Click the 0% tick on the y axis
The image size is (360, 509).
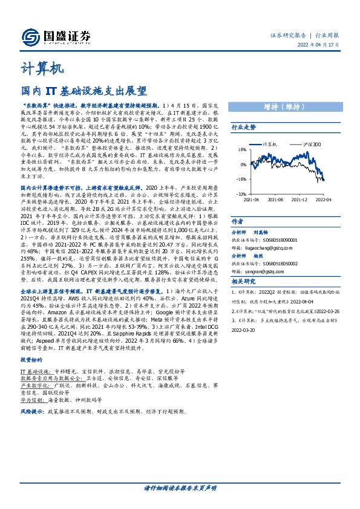(242, 164)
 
